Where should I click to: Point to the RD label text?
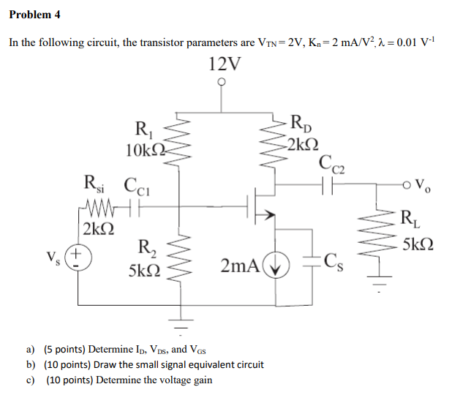[x=301, y=123]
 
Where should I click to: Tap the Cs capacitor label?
[x=339, y=259]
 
